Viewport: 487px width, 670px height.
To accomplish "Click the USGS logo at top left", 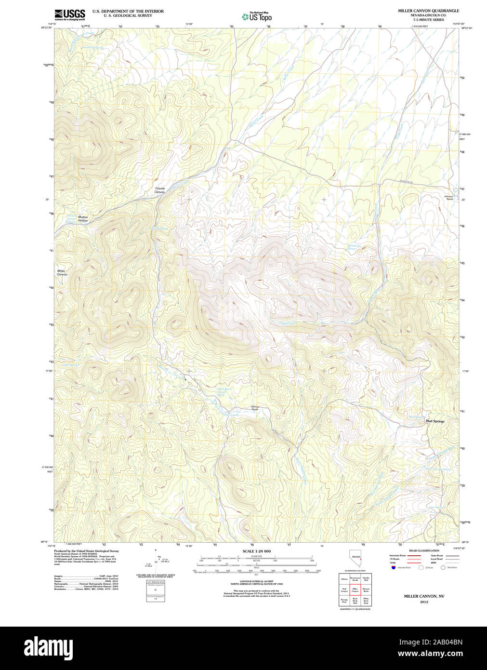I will (x=70, y=14).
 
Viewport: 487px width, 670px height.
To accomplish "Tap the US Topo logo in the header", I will (x=257, y=17).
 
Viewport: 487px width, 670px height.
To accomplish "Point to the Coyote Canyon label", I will (x=159, y=190).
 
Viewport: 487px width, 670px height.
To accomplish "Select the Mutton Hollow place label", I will (x=83, y=219).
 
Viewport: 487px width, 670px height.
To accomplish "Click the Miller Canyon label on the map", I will (x=62, y=273).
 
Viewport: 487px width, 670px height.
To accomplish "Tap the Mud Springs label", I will (x=434, y=421).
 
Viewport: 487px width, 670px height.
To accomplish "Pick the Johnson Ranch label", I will (x=449, y=198).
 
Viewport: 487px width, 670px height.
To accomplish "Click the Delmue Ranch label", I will (x=255, y=408).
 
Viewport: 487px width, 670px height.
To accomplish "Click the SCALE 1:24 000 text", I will (x=256, y=551).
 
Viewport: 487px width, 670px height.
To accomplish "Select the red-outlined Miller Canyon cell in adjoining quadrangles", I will (x=355, y=590).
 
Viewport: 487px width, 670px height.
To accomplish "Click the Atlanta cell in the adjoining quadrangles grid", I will (x=344, y=579).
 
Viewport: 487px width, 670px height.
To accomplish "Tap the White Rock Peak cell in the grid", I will (x=366, y=601).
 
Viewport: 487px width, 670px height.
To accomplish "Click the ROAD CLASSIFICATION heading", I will (x=424, y=550).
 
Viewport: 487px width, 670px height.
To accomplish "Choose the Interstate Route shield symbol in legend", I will (x=394, y=568).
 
